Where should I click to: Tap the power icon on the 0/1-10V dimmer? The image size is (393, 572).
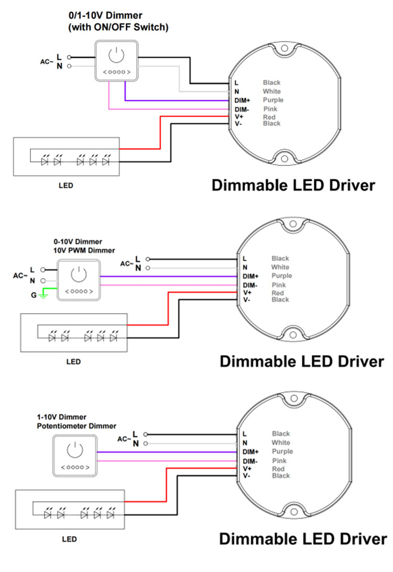click(x=116, y=55)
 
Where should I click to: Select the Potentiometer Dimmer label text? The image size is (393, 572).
click(x=77, y=426)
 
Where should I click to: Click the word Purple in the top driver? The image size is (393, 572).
click(x=273, y=100)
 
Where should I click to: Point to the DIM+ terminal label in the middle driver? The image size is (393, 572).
click(x=250, y=277)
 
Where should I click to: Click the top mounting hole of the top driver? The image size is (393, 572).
click(x=284, y=48)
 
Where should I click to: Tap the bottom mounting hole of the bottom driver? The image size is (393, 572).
click(x=294, y=512)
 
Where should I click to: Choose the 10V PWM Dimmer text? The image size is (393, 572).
click(x=84, y=250)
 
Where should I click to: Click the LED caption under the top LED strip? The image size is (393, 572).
click(x=65, y=185)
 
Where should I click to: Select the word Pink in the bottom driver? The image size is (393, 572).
click(x=279, y=461)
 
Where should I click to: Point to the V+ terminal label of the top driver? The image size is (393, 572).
click(x=239, y=117)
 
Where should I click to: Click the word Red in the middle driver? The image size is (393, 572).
click(x=278, y=293)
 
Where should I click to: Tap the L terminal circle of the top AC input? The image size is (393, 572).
click(x=69, y=57)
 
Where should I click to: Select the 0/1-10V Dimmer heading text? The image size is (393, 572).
click(x=105, y=15)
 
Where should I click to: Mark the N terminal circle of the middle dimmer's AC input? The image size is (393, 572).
click(x=43, y=281)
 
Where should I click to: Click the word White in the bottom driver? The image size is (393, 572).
click(x=281, y=443)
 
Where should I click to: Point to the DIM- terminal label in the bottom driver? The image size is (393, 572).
click(x=250, y=461)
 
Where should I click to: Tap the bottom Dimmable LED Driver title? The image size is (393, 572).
click(x=303, y=539)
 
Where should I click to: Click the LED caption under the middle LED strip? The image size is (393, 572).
click(x=73, y=362)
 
